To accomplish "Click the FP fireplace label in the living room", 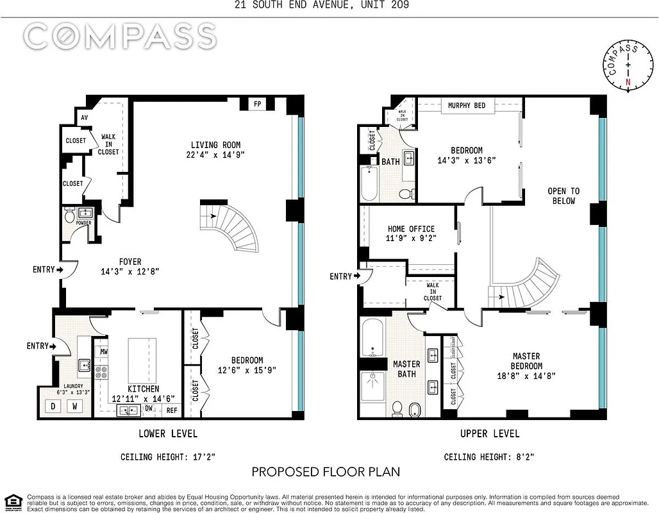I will (x=257, y=104).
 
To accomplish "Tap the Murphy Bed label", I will (x=466, y=105).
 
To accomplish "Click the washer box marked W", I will (x=76, y=406).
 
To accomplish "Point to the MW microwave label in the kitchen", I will (x=103, y=351).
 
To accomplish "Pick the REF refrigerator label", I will (x=172, y=410).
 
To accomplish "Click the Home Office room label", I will (x=411, y=229).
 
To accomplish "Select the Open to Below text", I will (x=563, y=196).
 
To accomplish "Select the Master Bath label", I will (x=406, y=369).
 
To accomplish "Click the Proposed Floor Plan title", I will (x=326, y=472).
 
